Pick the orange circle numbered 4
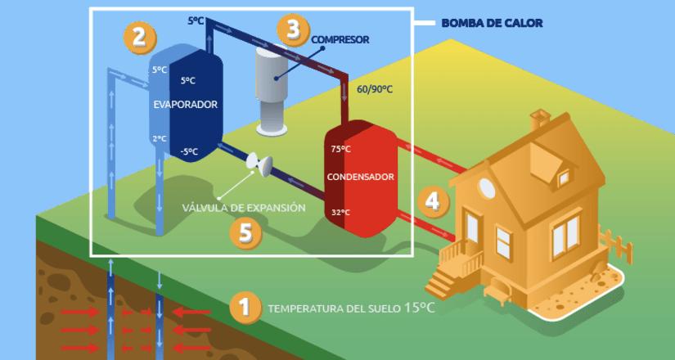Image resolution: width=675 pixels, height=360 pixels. click(x=433, y=200)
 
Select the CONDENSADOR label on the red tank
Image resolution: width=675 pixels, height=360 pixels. click(x=361, y=177)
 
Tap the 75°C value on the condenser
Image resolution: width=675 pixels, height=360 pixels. click(x=341, y=149)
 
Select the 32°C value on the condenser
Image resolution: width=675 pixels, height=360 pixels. click(x=341, y=213)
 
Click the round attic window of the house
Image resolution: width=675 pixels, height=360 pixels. click(x=488, y=187)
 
